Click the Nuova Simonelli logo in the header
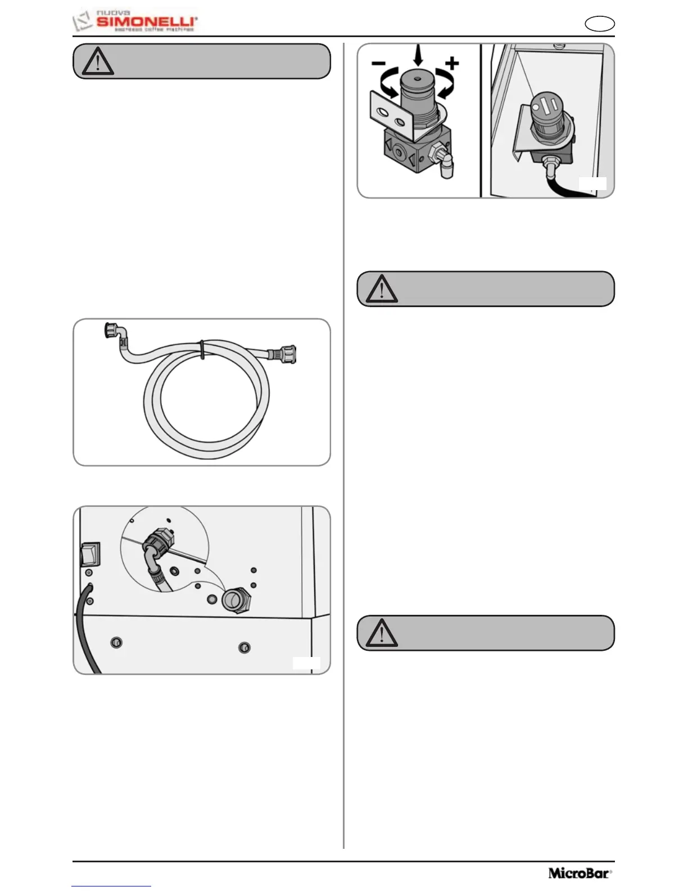pyautogui.click(x=135, y=21)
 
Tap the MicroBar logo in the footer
pyautogui.click(x=580, y=874)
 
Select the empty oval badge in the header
pyautogui.click(x=599, y=24)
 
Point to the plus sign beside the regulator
pyautogui.click(x=452, y=62)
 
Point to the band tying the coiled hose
pyautogui.click(x=202, y=349)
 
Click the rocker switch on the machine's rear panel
pyautogui.click(x=90, y=553)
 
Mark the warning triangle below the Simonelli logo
pyautogui.click(x=98, y=62)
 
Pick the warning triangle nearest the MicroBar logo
pyautogui.click(x=382, y=633)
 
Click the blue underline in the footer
pyautogui.click(x=111, y=886)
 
